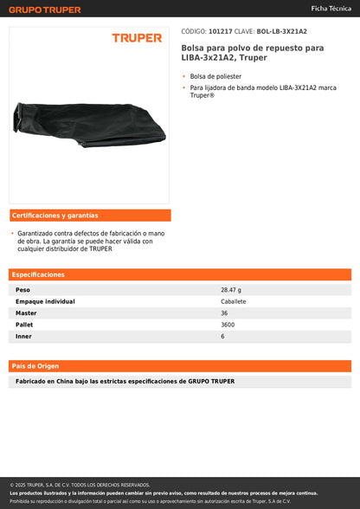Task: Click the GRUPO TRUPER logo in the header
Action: tap(45, 10)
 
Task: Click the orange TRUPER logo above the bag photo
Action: tap(137, 38)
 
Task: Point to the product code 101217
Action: tap(221, 30)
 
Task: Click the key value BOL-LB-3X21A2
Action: tap(282, 30)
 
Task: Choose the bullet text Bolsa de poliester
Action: tap(216, 77)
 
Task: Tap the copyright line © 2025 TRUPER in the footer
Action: tap(80, 485)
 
